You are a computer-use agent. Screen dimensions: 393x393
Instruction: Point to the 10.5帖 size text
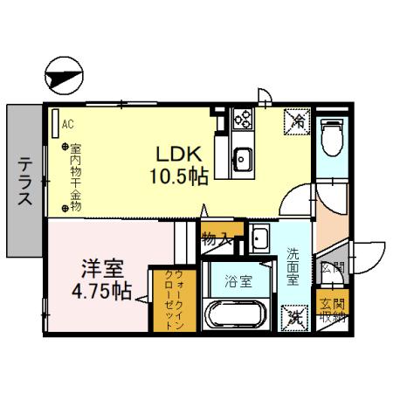pyautogui.click(x=178, y=177)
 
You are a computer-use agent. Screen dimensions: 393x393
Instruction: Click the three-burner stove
pyautogui.click(x=242, y=121)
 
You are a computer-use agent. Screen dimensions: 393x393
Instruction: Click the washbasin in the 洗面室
pyautogui.click(x=259, y=237)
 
